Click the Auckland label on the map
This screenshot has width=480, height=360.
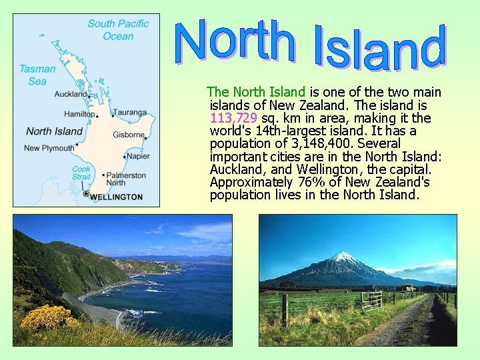tap(70, 94)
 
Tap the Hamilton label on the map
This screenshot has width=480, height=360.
tap(79, 114)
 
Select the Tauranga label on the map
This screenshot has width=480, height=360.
tap(129, 113)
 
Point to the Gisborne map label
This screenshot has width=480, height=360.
tap(129, 135)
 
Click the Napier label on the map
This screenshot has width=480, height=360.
tap(138, 156)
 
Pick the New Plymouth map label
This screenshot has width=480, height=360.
tap(49, 148)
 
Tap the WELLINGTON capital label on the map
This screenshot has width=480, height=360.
tap(115, 197)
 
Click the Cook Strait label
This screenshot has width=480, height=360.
tap(81, 173)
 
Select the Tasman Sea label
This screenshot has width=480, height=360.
tap(37, 75)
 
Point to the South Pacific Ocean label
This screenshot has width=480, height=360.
tap(118, 30)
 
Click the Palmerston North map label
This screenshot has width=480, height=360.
tap(126, 179)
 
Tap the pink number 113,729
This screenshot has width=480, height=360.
tap(233, 118)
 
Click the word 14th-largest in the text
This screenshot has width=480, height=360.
tap(283, 131)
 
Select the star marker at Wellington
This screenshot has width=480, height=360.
tap(86, 194)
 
